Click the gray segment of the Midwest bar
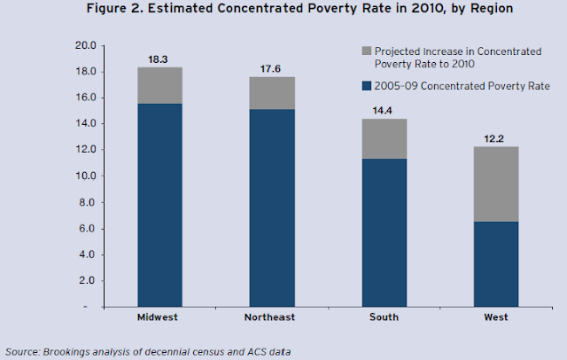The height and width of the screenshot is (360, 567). [x=159, y=85]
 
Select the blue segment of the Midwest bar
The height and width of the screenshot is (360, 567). [x=159, y=204]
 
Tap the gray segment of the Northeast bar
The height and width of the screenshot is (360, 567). [x=272, y=93]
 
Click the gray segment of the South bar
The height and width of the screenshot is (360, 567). [x=384, y=138]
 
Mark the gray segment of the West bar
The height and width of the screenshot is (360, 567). [x=495, y=184]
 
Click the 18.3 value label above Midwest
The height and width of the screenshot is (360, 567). [x=159, y=59]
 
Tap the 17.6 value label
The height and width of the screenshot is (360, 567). [x=272, y=68]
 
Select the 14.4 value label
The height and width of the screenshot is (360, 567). [x=384, y=110]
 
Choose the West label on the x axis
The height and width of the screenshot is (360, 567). [x=495, y=317]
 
